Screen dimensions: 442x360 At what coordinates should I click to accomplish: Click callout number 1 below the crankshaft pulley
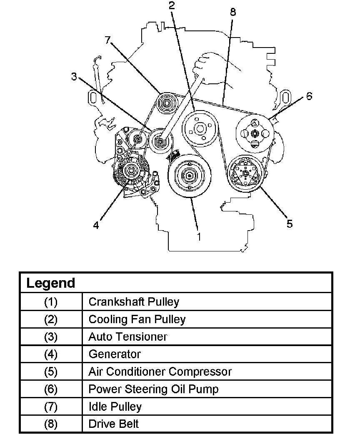tap(199, 236)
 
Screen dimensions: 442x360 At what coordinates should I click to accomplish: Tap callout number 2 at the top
tap(172, 5)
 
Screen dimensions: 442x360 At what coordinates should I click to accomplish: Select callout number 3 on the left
tap(74, 77)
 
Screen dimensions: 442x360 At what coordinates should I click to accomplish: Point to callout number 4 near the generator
tap(96, 225)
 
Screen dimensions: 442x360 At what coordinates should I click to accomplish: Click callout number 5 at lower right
tap(290, 224)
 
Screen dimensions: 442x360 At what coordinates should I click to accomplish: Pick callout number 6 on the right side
tap(309, 96)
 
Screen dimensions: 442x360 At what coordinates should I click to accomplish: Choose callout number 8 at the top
tap(232, 12)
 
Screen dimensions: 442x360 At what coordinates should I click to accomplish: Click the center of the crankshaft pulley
tap(190, 176)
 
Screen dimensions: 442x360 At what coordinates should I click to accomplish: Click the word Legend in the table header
tap(51, 283)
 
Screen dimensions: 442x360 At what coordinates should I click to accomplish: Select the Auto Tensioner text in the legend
tap(127, 337)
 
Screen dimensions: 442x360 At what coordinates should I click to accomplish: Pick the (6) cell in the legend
tap(51, 389)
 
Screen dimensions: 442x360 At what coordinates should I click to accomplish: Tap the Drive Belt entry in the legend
tap(113, 424)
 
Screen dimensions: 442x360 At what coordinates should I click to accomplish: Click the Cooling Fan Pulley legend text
tap(137, 319)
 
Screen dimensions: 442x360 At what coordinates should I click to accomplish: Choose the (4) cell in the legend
tap(51, 354)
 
